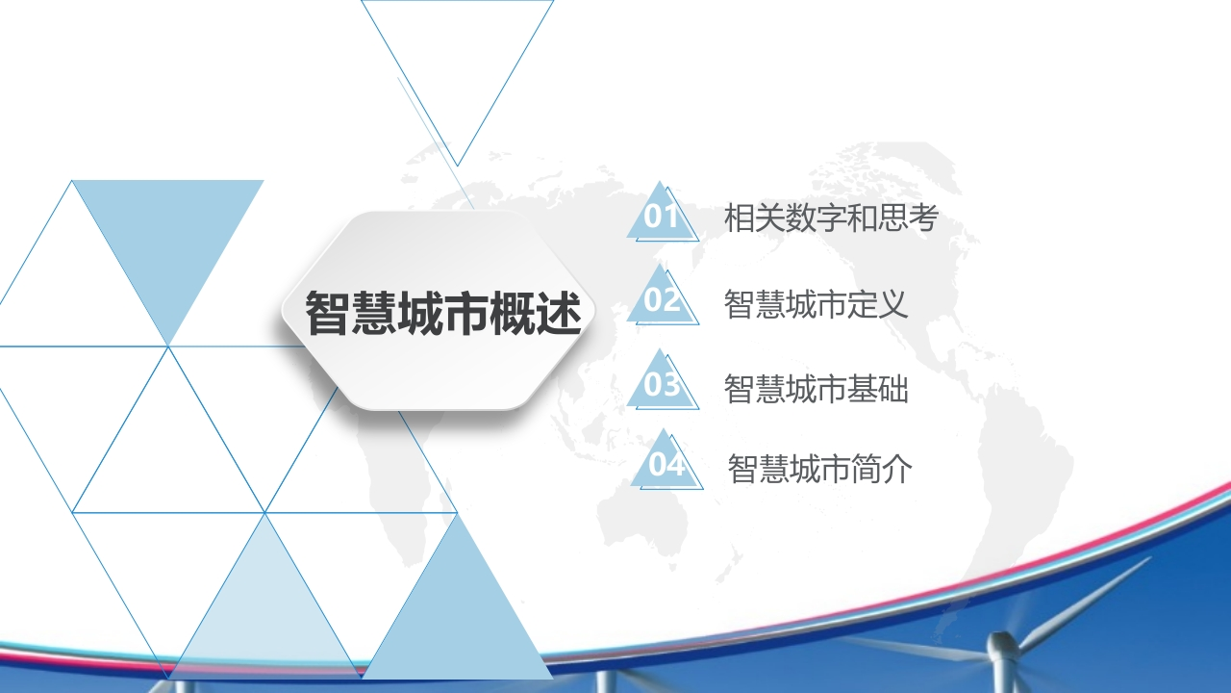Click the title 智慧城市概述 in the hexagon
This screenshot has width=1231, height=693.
click(x=443, y=313)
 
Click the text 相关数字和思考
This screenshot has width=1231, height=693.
click(x=831, y=218)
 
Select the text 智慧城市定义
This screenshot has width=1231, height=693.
click(x=816, y=303)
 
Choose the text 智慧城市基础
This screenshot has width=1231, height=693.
click(x=816, y=389)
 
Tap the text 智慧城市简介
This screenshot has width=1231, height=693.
click(x=819, y=469)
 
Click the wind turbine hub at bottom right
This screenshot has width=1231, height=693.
click(x=1002, y=645)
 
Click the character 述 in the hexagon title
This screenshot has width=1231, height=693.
click(x=559, y=313)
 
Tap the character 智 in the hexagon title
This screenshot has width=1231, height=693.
click(x=328, y=313)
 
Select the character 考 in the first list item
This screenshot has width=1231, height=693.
click(x=923, y=218)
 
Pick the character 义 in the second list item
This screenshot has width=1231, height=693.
click(x=892, y=303)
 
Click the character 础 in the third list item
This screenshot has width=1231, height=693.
click(x=893, y=389)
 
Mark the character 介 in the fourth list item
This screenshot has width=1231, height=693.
click(x=897, y=469)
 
